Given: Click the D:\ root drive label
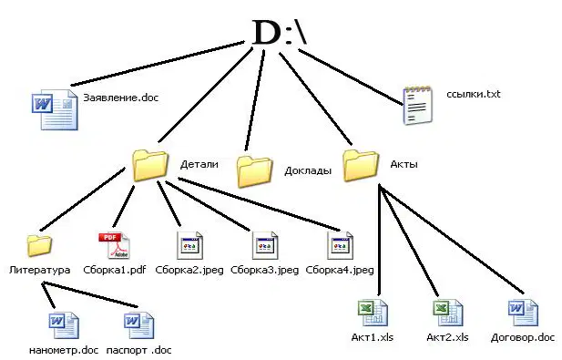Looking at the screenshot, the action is (x=280, y=32).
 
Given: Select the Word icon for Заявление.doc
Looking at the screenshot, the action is (x=55, y=109).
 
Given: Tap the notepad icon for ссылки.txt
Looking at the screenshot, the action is (x=417, y=106).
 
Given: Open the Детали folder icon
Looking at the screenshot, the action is (x=150, y=165).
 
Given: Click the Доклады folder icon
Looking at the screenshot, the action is (x=254, y=171).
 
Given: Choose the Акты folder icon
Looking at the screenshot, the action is (x=361, y=165).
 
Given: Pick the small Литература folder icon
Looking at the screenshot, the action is (x=39, y=245).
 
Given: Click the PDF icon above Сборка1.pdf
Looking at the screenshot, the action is (x=115, y=245).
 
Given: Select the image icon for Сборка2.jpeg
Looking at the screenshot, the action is (x=189, y=245).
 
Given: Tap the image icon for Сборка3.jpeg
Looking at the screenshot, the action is (x=265, y=245).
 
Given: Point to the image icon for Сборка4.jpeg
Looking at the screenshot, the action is (x=340, y=245).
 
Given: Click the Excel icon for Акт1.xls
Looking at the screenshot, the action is (x=373, y=313).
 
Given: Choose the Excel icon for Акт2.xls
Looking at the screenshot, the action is (x=448, y=313).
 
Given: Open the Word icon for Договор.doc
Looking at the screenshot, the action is (x=524, y=313).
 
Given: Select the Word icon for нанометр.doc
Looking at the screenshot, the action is (x=64, y=325).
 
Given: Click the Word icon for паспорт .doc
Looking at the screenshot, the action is (x=139, y=325).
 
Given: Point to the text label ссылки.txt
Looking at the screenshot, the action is (x=473, y=94).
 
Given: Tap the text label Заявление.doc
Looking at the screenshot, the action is (x=121, y=98).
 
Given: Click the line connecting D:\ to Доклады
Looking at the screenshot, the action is (x=255, y=100).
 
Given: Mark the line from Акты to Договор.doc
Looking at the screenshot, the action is (x=452, y=240).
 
